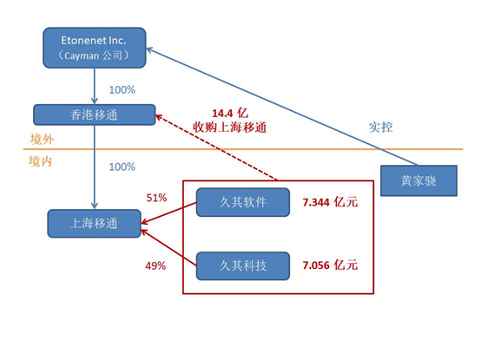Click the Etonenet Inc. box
click(94, 48)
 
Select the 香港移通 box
click(94, 115)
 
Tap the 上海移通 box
click(94, 223)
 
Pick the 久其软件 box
click(243, 202)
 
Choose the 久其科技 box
click(243, 265)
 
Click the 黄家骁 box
click(418, 180)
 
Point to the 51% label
click(156, 198)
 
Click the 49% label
click(155, 265)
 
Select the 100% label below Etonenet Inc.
click(122, 89)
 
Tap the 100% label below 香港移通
click(122, 167)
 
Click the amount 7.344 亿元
click(330, 202)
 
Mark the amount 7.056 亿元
click(330, 265)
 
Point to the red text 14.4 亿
click(230, 114)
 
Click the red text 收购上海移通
click(229, 128)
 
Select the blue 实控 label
click(380, 128)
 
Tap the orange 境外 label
click(42, 140)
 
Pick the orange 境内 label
click(41, 161)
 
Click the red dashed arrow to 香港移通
click(217, 147)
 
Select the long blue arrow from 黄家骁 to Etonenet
click(281, 107)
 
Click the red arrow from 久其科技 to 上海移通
click(168, 247)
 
